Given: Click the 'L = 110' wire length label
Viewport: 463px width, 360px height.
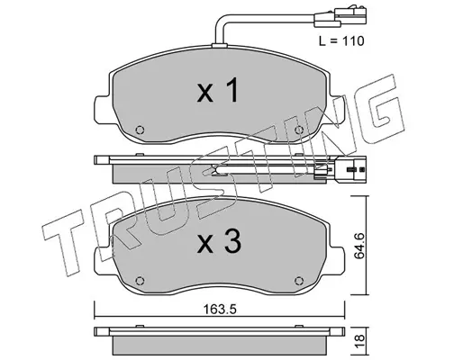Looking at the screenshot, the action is point(341,41).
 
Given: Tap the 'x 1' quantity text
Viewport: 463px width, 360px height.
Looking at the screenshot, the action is point(218,90).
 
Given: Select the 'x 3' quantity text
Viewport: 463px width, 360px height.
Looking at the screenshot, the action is point(219,241).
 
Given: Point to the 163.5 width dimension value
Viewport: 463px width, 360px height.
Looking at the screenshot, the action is point(220,309).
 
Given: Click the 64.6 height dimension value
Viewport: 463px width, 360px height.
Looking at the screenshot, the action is point(359,246).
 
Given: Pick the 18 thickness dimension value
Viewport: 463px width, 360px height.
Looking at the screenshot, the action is point(359,341).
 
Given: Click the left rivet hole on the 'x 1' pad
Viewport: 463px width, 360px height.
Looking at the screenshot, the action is point(141,130).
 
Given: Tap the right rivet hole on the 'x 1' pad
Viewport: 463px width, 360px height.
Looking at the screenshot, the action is point(299,130).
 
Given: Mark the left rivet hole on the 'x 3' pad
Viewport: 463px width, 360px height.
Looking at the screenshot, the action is point(140,281).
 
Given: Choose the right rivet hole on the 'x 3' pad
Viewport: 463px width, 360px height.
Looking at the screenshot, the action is point(299,281).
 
